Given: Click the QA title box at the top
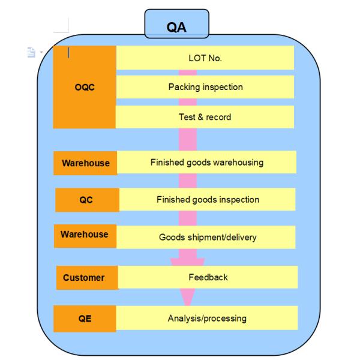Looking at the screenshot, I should point(176,25).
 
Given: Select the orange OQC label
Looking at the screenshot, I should point(84,86).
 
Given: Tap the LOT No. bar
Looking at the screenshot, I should point(205,58).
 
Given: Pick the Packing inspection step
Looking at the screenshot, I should point(205,87).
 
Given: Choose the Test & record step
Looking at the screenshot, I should point(205,117).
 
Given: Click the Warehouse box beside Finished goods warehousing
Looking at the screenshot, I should point(85,163).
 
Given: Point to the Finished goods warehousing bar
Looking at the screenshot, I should point(206,162).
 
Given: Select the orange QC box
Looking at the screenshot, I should point(86,200).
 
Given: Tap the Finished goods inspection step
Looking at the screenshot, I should point(208,199).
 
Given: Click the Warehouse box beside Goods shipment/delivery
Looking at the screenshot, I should point(85,235).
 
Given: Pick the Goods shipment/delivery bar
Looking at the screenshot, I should point(207,237).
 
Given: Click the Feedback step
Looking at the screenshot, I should point(208,277).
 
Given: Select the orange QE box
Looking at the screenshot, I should point(85,319).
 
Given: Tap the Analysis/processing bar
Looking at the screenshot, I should point(206,318).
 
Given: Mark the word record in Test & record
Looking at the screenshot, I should point(218,117).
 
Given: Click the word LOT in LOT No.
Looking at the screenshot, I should point(197,58).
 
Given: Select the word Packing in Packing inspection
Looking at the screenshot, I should point(183,87).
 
